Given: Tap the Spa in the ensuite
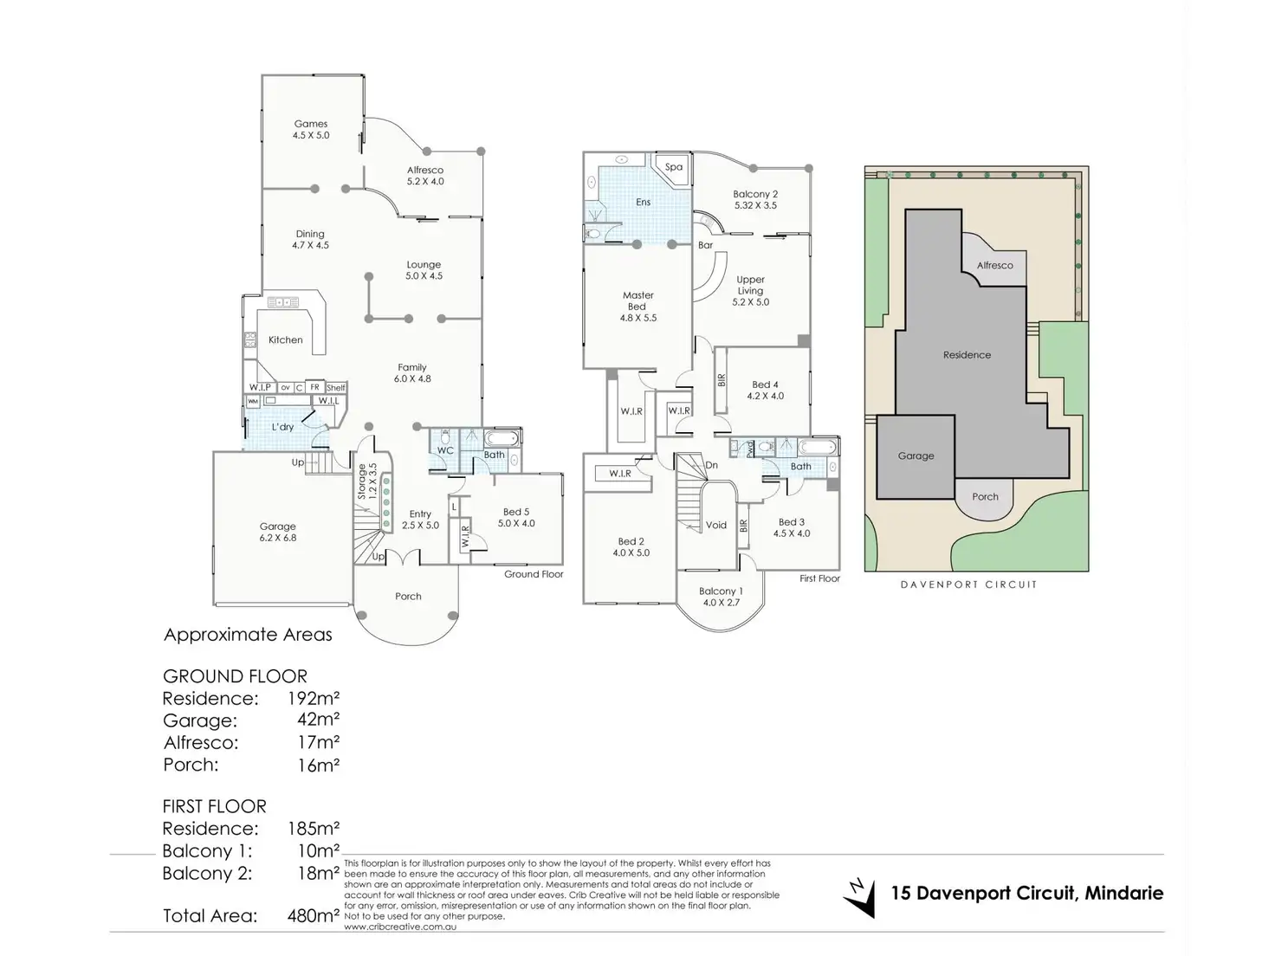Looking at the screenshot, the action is pyautogui.click(x=674, y=167).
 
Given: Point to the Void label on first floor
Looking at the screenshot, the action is pyautogui.click(x=716, y=525).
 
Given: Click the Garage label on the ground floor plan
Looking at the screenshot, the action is pyautogui.click(x=278, y=526).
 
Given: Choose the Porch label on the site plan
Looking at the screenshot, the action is pyautogui.click(x=985, y=497).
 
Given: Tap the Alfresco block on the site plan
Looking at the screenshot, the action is pyautogui.click(x=994, y=265).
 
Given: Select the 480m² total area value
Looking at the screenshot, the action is pyautogui.click(x=313, y=915).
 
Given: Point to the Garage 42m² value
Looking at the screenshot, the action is pyautogui.click(x=318, y=720).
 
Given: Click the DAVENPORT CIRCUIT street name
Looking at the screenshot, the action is pyautogui.click(x=968, y=585).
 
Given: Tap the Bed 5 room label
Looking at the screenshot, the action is pyautogui.click(x=516, y=512).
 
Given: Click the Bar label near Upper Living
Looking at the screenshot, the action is pyautogui.click(x=706, y=245).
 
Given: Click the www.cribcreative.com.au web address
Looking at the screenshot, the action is pyautogui.click(x=399, y=927).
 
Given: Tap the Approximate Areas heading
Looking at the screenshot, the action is pyautogui.click(x=248, y=635).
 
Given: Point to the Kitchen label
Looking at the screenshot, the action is pyautogui.click(x=285, y=340).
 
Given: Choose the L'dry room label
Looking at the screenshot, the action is pyautogui.click(x=282, y=427).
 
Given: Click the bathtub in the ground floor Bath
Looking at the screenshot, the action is pyautogui.click(x=501, y=437).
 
